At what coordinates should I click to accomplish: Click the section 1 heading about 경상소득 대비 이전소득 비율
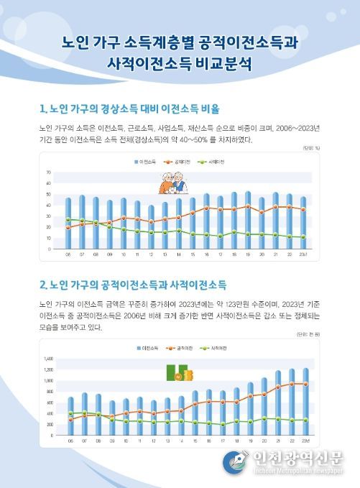129,109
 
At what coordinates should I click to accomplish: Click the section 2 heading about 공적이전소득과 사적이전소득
133,284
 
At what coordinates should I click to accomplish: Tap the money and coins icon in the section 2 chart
176,374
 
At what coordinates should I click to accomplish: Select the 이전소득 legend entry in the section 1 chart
147,163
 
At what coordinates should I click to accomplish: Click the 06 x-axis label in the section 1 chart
68,254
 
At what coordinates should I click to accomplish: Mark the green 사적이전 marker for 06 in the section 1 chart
68,219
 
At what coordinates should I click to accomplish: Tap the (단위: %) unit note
310,148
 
